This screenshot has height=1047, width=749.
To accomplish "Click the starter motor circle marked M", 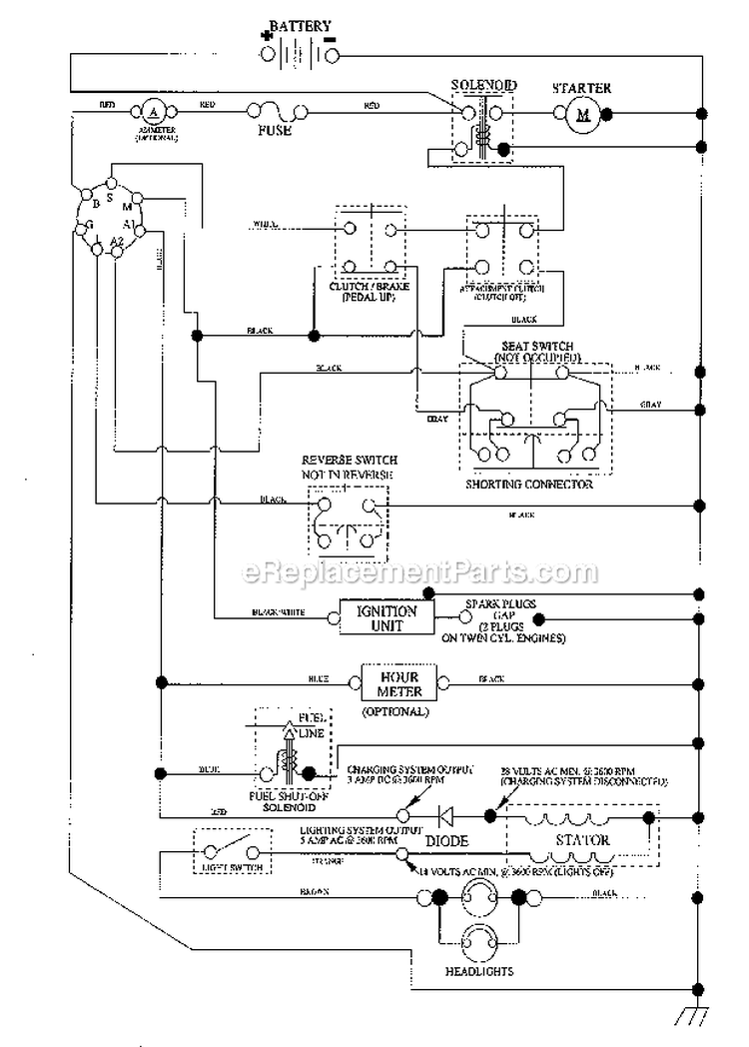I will coord(581,118).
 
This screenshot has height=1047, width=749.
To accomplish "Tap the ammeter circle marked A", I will coord(155,107).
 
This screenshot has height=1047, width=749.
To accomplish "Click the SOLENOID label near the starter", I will coord(483,87).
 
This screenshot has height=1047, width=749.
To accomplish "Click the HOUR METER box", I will coord(400,683).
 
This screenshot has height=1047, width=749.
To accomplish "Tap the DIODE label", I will coord(446,841).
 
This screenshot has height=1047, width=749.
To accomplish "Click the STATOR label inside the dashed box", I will coord(584,840).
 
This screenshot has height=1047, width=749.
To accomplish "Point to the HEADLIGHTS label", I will coord(479,971).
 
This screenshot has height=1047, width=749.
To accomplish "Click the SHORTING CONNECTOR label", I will coord(529,484).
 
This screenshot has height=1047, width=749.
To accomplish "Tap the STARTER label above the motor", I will coord(581,88).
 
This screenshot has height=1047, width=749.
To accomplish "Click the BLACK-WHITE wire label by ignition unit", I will coord(280,611).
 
